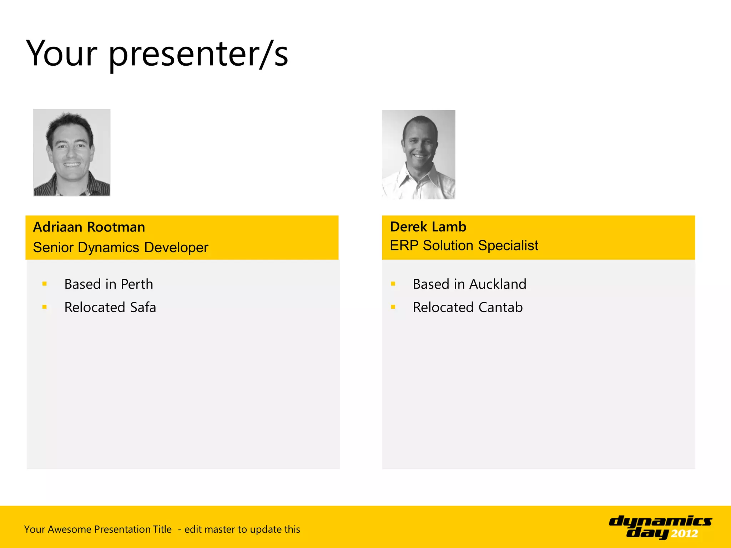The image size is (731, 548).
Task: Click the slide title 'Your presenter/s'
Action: coord(157,54)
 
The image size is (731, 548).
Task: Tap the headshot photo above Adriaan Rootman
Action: coord(72,152)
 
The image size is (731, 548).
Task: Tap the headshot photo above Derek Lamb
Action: coord(419,154)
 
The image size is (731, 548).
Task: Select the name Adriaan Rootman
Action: coord(89,227)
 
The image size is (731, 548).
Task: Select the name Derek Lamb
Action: coord(428,227)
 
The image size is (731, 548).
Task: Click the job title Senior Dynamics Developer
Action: coord(121,247)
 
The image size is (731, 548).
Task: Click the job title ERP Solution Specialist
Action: coord(464,245)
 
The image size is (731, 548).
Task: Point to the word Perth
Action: coord(137,284)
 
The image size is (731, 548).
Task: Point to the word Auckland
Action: coord(498,284)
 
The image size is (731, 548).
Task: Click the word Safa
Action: coord(143,308)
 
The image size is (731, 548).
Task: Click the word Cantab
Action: coord(500,308)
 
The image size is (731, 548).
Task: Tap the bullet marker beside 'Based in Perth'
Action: coord(45,284)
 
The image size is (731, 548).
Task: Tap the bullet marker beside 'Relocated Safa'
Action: coord(45,307)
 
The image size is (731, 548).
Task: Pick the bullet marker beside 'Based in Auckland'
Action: coord(393,284)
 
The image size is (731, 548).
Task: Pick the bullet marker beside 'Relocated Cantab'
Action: coord(393,307)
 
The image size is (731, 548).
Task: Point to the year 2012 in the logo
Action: coord(684,534)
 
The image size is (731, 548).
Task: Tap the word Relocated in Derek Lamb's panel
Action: coord(443,308)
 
